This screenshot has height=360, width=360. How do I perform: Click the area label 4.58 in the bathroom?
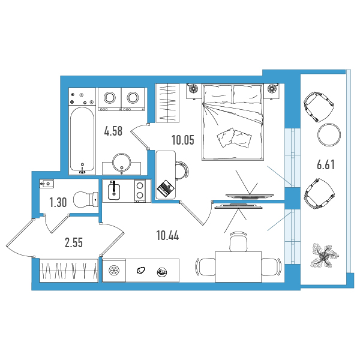click(113, 131)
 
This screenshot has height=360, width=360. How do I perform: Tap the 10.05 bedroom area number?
click(183, 140)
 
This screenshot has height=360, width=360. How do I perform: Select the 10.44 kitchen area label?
click(167, 236)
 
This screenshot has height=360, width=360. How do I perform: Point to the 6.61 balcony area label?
click(326, 165)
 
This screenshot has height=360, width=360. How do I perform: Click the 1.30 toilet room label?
click(58, 203)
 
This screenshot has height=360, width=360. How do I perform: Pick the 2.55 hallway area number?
click(74, 243)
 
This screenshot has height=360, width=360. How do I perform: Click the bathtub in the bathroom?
click(82, 140)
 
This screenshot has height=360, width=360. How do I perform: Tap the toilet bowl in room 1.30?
click(86, 199)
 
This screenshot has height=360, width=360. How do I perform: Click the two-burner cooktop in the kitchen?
click(140, 191)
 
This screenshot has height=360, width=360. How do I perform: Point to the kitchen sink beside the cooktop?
click(114, 190)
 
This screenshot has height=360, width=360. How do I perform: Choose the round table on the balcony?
click(329, 134)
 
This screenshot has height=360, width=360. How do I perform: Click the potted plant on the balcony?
click(324, 256)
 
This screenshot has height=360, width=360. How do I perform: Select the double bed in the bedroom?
click(232, 122)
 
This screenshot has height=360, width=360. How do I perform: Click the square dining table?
click(238, 267)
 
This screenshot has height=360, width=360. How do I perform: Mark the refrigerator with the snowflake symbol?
click(114, 270)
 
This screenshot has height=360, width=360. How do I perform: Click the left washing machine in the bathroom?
click(110, 99)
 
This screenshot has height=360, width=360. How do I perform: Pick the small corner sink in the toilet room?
click(47, 184)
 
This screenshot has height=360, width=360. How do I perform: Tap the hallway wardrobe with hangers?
click(68, 271)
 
